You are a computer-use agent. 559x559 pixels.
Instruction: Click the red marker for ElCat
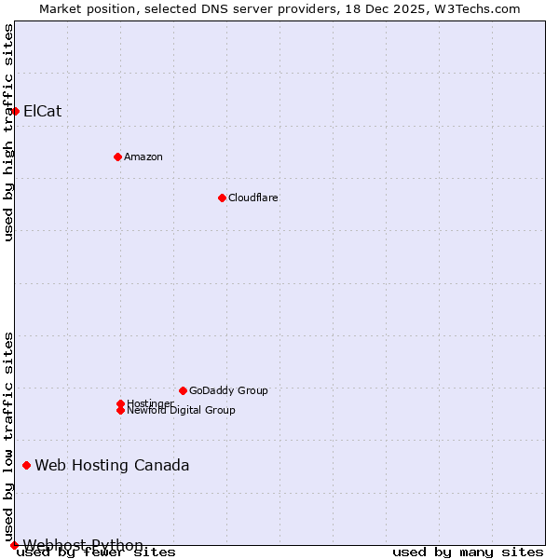pyautogui.click(x=15, y=112)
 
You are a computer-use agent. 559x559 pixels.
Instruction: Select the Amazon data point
pyautogui.click(x=117, y=157)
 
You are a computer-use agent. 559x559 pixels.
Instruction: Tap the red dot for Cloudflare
pyautogui.click(x=222, y=198)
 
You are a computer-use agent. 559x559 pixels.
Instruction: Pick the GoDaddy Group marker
pyautogui.click(x=183, y=390)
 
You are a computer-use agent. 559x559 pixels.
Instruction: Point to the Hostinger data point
pyautogui.click(x=120, y=403)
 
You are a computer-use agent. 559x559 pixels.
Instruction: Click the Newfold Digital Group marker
pyautogui.click(x=120, y=410)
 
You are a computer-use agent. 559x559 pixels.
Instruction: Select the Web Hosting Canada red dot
pyautogui.click(x=26, y=465)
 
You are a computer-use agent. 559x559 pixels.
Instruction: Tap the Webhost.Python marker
pyautogui.click(x=14, y=545)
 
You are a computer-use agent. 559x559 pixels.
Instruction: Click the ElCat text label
pyautogui.click(x=43, y=112)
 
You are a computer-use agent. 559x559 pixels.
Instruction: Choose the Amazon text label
pyautogui.click(x=143, y=157)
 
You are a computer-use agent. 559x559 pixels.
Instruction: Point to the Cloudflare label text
pyautogui.click(x=253, y=198)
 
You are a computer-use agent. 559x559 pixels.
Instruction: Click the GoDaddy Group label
pyautogui.click(x=228, y=390)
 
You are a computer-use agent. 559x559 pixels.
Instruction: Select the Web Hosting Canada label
pyautogui.click(x=112, y=465)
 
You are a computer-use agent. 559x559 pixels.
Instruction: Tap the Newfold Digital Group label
pyautogui.click(x=181, y=410)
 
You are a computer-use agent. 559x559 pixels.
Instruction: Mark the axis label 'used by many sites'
pyautogui.click(x=468, y=552)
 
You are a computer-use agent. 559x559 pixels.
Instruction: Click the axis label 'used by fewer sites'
pyautogui.click(x=97, y=552)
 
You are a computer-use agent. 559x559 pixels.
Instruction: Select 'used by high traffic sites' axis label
pyautogui.click(x=8, y=132)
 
